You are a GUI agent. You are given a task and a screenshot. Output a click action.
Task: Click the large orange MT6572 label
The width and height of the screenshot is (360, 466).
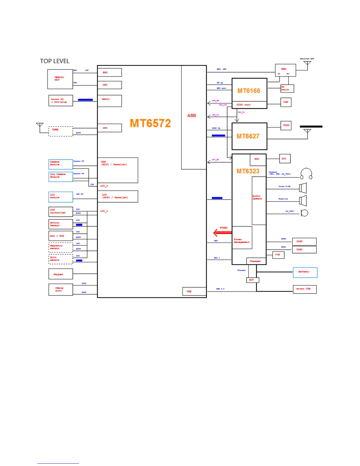coord(150,123)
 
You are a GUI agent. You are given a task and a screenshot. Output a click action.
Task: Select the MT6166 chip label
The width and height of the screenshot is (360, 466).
coord(249,91)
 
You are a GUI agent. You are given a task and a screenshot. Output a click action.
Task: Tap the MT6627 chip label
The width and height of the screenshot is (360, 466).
coord(248,136)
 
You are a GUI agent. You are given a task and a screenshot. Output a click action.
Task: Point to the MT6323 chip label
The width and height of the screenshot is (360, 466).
coord(248,171)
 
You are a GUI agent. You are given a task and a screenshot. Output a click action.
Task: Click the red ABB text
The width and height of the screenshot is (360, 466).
coord(191,116)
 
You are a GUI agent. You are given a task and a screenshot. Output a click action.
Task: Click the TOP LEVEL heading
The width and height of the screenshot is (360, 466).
coord(55,61)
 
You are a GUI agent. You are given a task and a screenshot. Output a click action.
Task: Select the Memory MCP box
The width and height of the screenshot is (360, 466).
coord(60,79)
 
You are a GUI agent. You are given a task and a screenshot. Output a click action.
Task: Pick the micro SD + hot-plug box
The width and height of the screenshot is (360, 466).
coord(61,101)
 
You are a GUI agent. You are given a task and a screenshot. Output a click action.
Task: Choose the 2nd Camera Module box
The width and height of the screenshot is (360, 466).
coord(61,177)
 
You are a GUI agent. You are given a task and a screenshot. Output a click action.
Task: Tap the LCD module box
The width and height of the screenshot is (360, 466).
coord(61,197)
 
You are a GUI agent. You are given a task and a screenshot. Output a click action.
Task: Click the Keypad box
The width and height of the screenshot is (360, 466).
coord(61,274)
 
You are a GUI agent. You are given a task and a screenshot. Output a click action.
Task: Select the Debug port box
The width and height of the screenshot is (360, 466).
coord(61,289)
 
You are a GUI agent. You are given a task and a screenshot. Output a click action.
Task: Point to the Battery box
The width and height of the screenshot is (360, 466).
coord(305,272)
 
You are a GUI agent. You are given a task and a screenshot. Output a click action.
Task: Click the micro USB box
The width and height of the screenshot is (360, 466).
coord(304,289)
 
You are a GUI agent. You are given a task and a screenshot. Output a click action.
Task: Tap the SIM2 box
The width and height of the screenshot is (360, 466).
coord(304,242)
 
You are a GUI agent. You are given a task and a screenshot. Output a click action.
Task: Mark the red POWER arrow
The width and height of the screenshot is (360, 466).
coord(222,233)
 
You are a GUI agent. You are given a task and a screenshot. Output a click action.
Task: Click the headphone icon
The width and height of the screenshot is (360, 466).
coord(306,174)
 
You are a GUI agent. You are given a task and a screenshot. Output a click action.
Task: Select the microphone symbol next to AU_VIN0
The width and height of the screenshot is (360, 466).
coord(304,213)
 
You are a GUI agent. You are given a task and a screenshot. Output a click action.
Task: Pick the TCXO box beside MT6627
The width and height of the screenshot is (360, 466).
coord(286,125)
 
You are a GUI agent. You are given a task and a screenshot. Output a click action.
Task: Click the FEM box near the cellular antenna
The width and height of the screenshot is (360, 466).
coord(285,70)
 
